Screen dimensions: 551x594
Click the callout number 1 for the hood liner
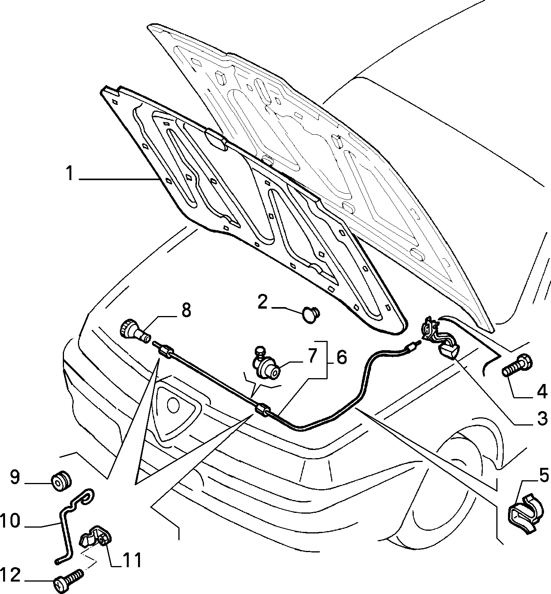point(69,174)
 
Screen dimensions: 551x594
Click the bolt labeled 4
point(517,366)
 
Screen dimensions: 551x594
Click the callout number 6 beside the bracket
point(341,358)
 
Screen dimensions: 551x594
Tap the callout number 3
point(541,420)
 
